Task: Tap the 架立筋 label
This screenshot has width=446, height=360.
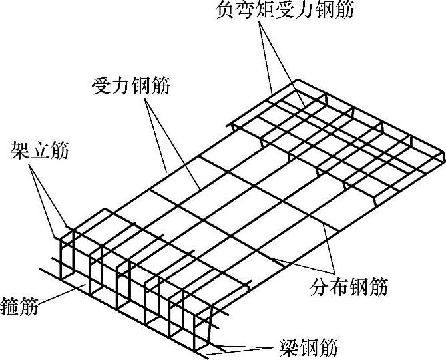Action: (39, 150)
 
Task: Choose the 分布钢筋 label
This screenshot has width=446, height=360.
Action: (349, 288)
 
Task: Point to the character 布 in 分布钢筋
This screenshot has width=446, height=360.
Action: (339, 288)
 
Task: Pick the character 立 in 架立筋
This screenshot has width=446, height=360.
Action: (39, 150)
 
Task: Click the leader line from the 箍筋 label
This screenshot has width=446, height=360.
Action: (60, 297)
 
